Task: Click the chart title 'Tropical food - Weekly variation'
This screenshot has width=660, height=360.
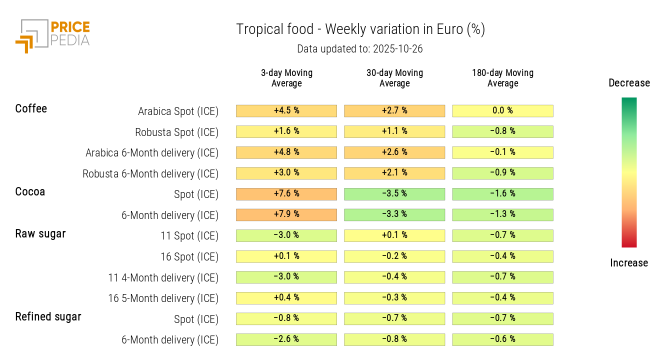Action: pos(360,29)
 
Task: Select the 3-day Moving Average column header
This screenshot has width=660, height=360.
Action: pos(286,78)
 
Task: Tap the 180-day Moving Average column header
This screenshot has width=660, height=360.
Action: pos(502,78)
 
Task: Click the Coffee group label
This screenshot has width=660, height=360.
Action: pos(31,108)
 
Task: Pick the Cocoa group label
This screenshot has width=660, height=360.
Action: pos(30,191)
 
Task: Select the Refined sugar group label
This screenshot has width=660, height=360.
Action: pos(48,316)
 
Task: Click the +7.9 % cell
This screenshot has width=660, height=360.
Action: pos(286,214)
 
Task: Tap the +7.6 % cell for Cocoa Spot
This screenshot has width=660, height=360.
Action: pos(286,193)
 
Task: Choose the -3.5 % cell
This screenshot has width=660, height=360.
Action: pos(394,193)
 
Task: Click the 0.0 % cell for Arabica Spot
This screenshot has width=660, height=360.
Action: pos(502,110)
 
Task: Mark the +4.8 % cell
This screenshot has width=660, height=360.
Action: pos(286,152)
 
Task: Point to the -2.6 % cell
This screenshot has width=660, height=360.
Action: pos(286,339)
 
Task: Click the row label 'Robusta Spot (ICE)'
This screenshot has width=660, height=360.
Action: pos(176,132)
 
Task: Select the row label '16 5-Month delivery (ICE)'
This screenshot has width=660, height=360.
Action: pos(163,298)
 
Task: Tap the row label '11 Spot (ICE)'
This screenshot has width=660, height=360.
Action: pos(189,236)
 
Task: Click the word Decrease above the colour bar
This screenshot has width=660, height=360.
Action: pos(629,83)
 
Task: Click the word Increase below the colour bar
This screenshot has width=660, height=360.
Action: pos(629,263)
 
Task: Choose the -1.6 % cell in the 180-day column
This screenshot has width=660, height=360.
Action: pos(502,193)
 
